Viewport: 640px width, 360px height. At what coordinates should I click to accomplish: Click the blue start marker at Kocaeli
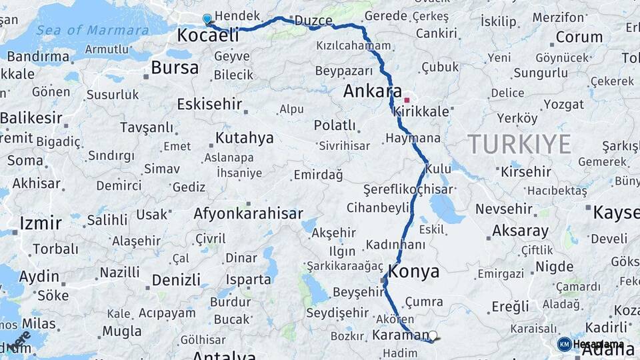coord(207,19)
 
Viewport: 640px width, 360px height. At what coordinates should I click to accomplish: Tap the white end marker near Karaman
coord(433,336)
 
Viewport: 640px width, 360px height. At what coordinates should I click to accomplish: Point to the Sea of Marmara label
coord(92,30)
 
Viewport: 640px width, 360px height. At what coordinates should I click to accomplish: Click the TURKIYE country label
coord(519,144)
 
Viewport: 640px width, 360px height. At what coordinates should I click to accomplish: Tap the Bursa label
coord(175,67)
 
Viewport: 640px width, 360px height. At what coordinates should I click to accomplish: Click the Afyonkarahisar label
coord(248,214)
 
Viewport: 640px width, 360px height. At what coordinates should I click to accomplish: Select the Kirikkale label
coord(422,112)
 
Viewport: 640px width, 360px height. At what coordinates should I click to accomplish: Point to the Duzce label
coord(313,21)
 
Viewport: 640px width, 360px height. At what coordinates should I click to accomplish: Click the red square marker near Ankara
coord(407,100)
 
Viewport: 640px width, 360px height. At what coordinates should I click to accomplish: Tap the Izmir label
coord(40,223)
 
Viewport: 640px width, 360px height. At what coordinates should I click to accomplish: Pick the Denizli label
coord(176,280)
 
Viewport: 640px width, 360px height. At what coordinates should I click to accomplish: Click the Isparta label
coord(249,279)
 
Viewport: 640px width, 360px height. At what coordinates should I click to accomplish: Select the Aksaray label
coord(520,231)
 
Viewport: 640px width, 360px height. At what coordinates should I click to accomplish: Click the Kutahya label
coord(244,138)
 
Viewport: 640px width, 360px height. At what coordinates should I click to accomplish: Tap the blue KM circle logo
coord(564,344)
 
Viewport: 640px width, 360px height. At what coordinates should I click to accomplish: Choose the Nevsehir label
coord(504,209)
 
